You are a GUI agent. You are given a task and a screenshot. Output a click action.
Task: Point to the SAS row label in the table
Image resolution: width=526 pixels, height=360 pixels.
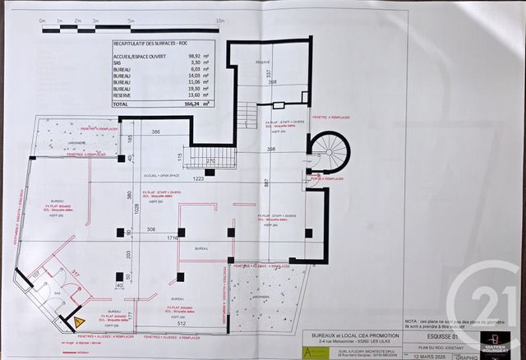pyautogui.click(x=118, y=62)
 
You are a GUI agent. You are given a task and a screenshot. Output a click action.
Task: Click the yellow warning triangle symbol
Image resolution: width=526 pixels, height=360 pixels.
pyautogui.click(x=81, y=321)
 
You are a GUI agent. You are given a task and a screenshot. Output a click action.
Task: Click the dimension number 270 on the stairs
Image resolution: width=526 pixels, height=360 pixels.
pyautogui.click(x=210, y=161)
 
